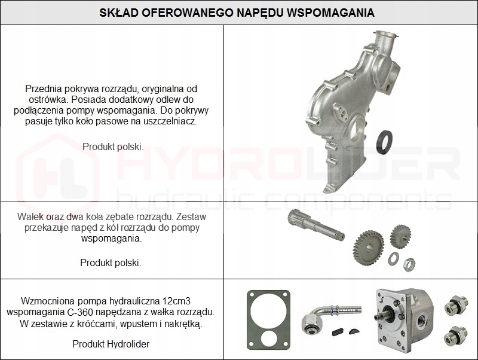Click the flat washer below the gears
click(394, 258)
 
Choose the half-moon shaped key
click(354, 330)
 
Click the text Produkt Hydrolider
click(111, 344)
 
